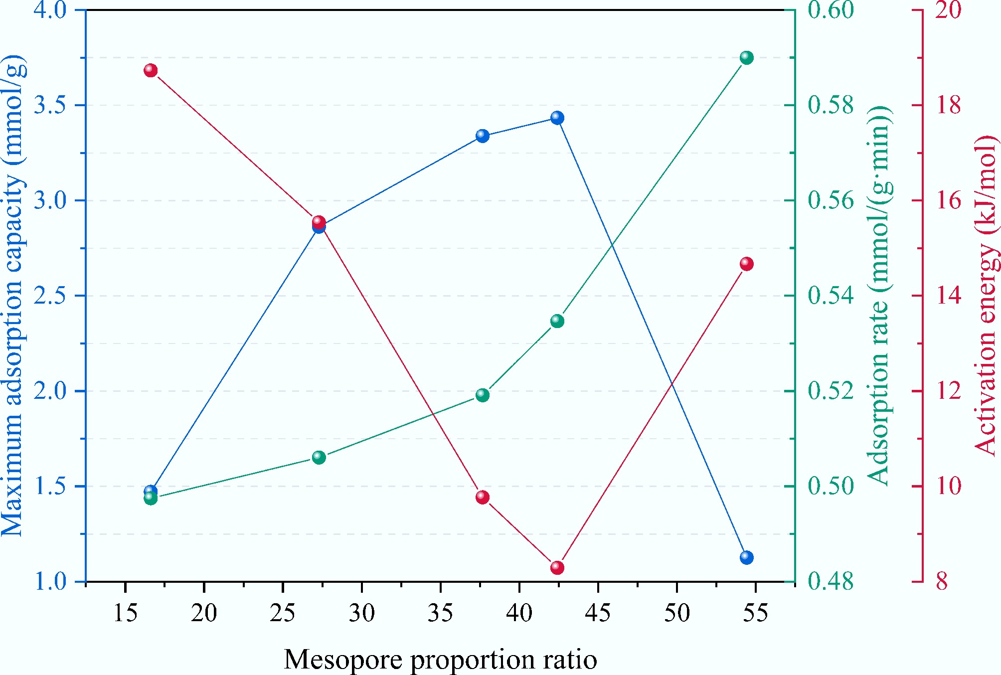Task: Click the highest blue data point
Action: coord(557,118)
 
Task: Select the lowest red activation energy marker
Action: coord(557,568)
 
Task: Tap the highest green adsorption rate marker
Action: coord(746,58)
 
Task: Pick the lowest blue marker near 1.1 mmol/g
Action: coord(746,557)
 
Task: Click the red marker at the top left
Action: coord(151,71)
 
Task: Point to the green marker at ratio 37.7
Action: coord(482,395)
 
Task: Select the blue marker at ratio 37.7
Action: coord(482,136)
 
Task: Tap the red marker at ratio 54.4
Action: coord(746,264)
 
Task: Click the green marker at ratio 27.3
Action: coord(319,458)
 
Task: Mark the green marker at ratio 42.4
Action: coord(557,321)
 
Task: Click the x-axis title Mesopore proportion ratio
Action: coord(440,660)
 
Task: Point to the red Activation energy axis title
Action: coord(986,296)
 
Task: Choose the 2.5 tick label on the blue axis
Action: coord(50,296)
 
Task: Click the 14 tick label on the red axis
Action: coord(948,296)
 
